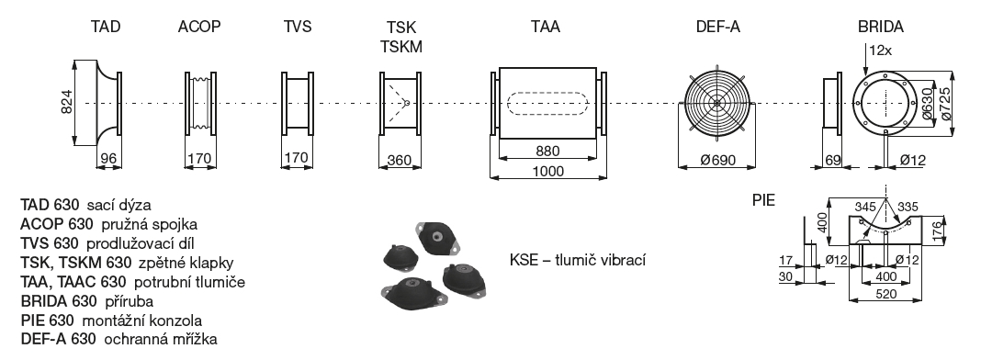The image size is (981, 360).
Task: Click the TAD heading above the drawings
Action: tap(105, 27)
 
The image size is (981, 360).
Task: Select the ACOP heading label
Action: tap(199, 27)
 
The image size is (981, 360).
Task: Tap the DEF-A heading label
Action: tap(717, 27)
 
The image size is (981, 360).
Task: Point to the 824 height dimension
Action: tap(68, 102)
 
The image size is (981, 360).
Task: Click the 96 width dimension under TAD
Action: tap(109, 159)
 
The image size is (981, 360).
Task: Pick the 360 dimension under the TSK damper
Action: tap(400, 161)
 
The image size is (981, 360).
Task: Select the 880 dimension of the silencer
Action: tap(547, 151)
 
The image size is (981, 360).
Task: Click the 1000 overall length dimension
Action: tap(548, 171)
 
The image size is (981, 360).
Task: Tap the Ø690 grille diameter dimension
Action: tap(717, 161)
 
